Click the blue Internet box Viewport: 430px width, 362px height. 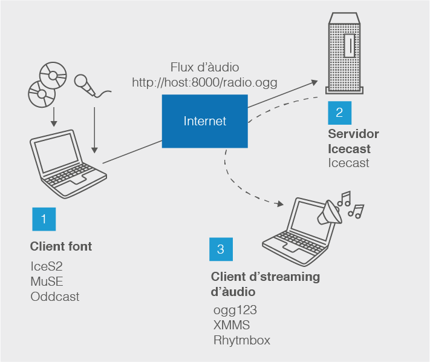pyautogui.click(x=204, y=121)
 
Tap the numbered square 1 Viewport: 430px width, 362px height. pyautogui.click(x=44, y=219)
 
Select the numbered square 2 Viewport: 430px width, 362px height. pyautogui.click(x=339, y=112)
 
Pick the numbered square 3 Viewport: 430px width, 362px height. pyautogui.click(x=221, y=248)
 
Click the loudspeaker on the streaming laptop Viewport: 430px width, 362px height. pyautogui.click(x=331, y=211)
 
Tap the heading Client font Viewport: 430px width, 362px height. pyautogui.click(x=61, y=246)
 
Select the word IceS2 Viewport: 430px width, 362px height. pyautogui.click(x=47, y=266)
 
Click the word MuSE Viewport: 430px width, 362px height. pyautogui.click(x=47, y=281)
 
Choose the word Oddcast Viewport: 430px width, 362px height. pyautogui.click(x=54, y=297)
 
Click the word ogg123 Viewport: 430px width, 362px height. pyautogui.click(x=235, y=310)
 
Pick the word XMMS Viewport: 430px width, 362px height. pyautogui.click(x=232, y=325)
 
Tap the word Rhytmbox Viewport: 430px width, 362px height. pyautogui.click(x=242, y=340)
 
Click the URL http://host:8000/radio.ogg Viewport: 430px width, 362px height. pyautogui.click(x=204, y=82)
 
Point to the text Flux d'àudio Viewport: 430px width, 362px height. pyautogui.click(x=204, y=67)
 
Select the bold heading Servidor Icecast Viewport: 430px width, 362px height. pyautogui.click(x=353, y=141)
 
